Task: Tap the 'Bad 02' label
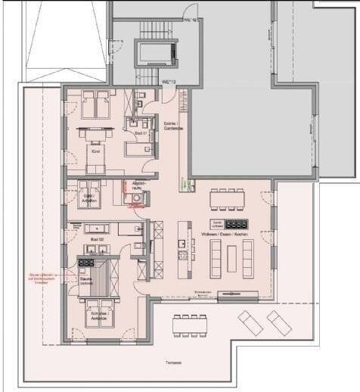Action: (96, 239)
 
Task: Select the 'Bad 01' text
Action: (140, 133)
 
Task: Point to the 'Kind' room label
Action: (95, 151)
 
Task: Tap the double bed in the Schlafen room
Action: (99, 310)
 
